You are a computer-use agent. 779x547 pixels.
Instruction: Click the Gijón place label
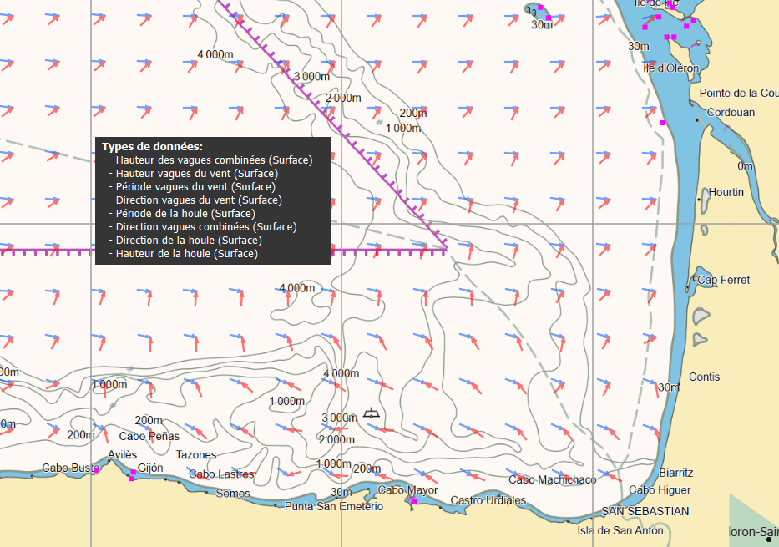click(x=150, y=468)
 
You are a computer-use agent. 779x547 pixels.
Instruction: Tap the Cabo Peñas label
click(x=149, y=436)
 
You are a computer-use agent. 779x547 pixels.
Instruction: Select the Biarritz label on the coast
click(x=676, y=473)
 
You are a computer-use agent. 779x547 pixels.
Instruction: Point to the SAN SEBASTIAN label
click(x=645, y=511)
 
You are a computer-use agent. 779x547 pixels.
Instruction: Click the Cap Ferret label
click(x=723, y=280)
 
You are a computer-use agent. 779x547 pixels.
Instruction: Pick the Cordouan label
click(x=731, y=112)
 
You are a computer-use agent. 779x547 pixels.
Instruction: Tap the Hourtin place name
click(x=726, y=192)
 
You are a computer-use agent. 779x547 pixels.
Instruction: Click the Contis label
click(x=704, y=377)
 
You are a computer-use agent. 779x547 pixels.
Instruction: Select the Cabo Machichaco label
click(x=553, y=479)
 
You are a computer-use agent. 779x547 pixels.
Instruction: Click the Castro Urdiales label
click(x=488, y=500)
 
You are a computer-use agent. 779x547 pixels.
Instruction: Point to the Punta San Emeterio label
click(x=334, y=506)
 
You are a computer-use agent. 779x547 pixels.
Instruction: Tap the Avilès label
click(x=122, y=454)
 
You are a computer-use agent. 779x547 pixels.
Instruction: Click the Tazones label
click(x=196, y=455)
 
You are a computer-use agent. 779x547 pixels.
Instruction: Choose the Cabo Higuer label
click(x=660, y=490)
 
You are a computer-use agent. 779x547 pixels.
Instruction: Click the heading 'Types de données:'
click(x=152, y=146)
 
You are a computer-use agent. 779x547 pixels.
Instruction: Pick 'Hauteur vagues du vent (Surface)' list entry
click(x=196, y=174)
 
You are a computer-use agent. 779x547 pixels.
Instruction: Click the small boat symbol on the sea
click(x=372, y=413)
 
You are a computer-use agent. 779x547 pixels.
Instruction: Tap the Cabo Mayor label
click(x=407, y=490)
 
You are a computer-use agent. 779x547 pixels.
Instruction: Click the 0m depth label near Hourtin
click(x=745, y=166)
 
